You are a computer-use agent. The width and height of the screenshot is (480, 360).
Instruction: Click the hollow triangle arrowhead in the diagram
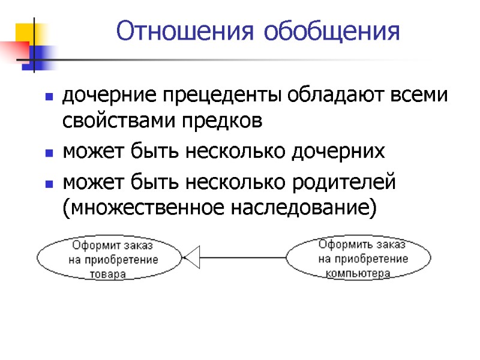click(191, 258)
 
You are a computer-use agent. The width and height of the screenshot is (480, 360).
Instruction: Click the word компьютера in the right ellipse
click(359, 274)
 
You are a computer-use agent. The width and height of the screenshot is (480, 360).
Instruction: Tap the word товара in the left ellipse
click(108, 274)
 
